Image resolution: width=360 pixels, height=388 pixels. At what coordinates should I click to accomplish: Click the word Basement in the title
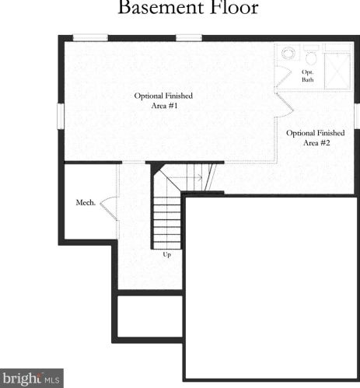(161, 7)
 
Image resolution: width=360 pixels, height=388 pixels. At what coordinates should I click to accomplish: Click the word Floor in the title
(234, 7)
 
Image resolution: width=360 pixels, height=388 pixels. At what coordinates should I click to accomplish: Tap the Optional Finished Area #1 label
(163, 100)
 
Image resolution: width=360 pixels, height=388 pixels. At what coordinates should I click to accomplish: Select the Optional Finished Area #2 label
(316, 138)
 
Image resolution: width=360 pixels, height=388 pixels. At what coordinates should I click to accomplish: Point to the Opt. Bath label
(308, 75)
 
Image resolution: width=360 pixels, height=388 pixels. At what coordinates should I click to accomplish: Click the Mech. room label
(86, 202)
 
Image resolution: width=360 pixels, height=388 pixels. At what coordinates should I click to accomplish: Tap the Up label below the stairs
(166, 254)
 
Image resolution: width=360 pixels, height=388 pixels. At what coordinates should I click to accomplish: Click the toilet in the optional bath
(311, 54)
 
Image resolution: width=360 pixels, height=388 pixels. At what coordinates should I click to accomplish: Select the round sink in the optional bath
(288, 53)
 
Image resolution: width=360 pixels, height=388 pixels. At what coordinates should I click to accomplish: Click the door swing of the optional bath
(283, 77)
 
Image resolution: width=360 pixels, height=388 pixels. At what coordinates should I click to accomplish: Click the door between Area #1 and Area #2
(285, 105)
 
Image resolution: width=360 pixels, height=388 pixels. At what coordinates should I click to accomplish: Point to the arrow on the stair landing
(185, 177)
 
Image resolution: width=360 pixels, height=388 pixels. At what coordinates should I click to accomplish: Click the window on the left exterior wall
(61, 116)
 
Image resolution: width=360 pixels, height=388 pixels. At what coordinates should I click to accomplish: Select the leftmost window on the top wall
(90, 38)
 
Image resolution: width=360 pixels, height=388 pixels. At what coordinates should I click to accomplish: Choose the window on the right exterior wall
(357, 116)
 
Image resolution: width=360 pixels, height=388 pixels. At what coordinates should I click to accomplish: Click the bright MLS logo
(32, 378)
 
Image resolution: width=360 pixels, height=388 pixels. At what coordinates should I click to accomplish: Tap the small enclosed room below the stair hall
(150, 316)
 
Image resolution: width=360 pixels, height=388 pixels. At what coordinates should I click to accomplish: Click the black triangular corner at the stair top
(156, 168)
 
